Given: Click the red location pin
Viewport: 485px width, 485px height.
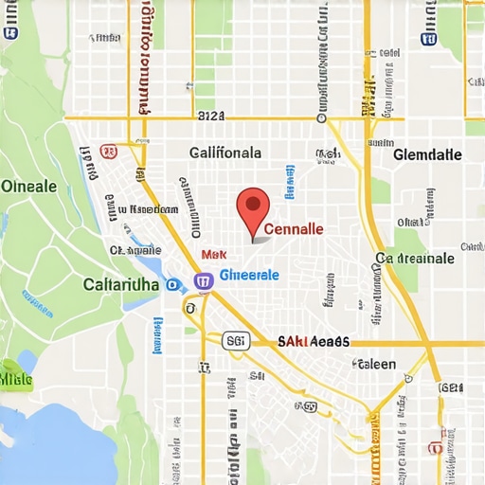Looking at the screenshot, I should [252, 207].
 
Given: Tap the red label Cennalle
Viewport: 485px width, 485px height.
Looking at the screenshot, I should [294, 229].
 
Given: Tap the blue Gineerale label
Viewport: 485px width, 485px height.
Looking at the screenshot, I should [249, 274].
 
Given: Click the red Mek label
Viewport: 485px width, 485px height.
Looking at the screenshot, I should [215, 255].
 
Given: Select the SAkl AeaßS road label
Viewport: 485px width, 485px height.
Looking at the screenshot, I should [314, 342].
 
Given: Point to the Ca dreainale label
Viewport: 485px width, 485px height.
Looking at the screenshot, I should [415, 258].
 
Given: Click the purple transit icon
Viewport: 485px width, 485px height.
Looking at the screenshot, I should [202, 280].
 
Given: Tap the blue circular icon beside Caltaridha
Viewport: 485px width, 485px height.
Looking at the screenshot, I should [171, 283].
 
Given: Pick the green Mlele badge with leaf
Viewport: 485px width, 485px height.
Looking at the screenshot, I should [15, 378].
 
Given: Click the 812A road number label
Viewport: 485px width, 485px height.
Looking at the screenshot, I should [211, 117].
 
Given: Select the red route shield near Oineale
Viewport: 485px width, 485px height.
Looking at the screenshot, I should [107, 151].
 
